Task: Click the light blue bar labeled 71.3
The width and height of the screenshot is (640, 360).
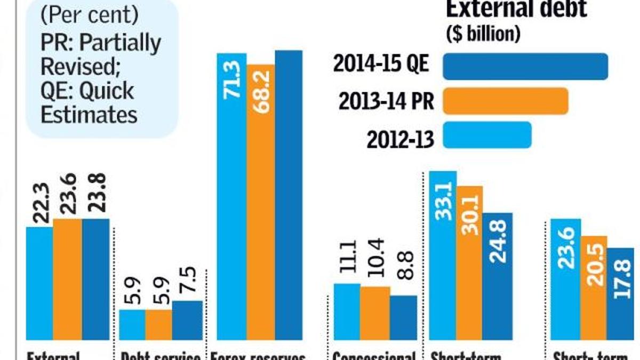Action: click(232, 197)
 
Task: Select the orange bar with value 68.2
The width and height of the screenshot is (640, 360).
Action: click(261, 203)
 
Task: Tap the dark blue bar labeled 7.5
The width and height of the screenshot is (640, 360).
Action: click(187, 320)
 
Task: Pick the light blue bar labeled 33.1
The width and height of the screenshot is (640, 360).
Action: click(443, 256)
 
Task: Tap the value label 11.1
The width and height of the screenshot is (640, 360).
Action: click(347, 261)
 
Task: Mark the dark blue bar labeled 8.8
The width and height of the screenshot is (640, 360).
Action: click(403, 318)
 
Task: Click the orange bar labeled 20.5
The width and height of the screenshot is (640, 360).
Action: click(593, 288)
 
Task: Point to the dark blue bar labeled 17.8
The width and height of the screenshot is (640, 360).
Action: click(620, 294)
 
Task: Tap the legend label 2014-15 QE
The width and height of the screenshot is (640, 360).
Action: click(381, 65)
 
